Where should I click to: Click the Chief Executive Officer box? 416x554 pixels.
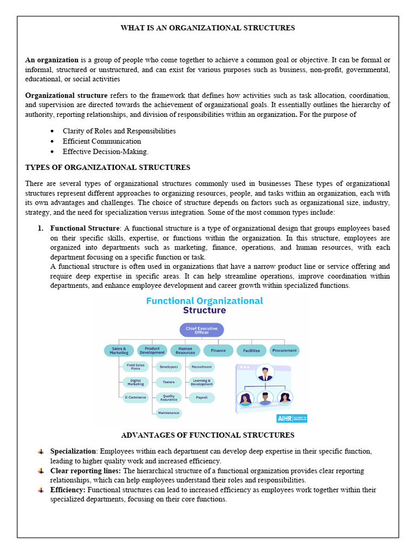click(x=201, y=330)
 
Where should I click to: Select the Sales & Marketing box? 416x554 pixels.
click(x=119, y=351)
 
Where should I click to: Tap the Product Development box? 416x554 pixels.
click(x=152, y=351)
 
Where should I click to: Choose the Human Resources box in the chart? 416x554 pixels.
click(x=185, y=351)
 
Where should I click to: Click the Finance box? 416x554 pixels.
click(x=218, y=351)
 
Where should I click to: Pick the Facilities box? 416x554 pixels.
click(x=251, y=351)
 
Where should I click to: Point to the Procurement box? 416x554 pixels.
click(x=284, y=351)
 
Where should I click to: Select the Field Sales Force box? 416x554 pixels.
click(x=135, y=367)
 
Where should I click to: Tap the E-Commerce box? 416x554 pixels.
click(x=135, y=398)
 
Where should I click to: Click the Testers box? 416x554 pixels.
click(x=168, y=382)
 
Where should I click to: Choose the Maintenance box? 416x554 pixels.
click(x=168, y=413)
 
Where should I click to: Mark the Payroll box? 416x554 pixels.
click(x=201, y=398)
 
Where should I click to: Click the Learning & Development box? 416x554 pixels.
click(x=201, y=382)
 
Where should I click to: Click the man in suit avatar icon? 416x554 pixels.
click(x=265, y=373)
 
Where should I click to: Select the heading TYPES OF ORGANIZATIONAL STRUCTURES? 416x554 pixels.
click(x=108, y=167)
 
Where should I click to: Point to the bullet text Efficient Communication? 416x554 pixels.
click(x=102, y=141)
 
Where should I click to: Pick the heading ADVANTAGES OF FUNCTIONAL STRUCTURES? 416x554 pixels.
click(x=207, y=435)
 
